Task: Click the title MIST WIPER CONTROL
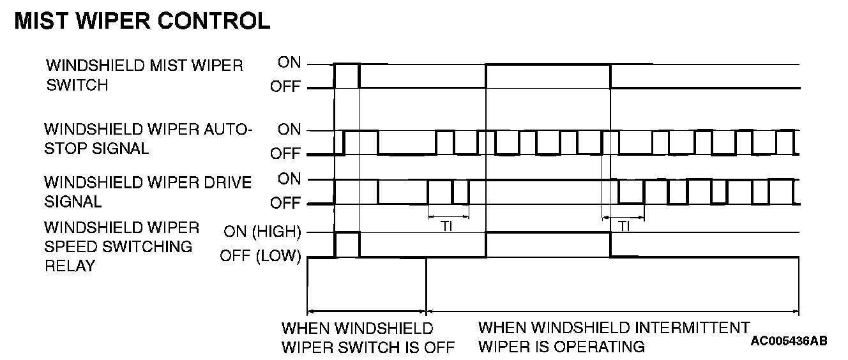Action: pos(142,21)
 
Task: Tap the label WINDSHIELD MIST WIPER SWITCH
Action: pos(144,75)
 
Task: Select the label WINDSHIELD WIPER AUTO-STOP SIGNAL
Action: pos(148,139)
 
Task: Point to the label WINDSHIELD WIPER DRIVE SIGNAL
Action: pos(148,191)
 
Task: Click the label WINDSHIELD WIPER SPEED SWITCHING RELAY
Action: pos(121,246)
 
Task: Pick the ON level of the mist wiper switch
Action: pos(289,63)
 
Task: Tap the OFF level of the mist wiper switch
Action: pos(285,87)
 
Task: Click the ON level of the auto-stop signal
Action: pos(289,130)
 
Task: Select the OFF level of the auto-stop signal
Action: pos(285,154)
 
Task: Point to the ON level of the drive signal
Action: pos(289,179)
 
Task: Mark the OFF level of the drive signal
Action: pos(285,203)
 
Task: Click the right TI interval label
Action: pos(624,227)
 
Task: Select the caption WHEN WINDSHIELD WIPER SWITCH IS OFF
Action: pos(368,338)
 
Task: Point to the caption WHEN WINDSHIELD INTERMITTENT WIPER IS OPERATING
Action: pos(614,338)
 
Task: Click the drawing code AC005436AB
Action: pos(789,341)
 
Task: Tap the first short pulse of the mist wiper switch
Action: pos(347,64)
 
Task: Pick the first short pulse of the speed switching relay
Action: pos(347,234)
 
